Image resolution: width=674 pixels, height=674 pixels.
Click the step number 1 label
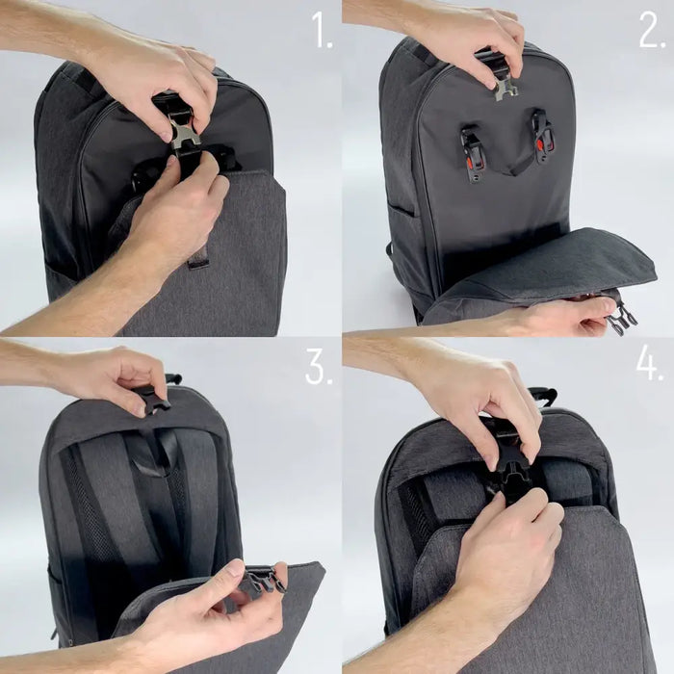(322, 33)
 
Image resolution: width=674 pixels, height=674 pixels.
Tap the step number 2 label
(652, 33)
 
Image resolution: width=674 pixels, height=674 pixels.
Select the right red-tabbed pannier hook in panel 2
(543, 137)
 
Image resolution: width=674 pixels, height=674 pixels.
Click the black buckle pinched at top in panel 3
(152, 398)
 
